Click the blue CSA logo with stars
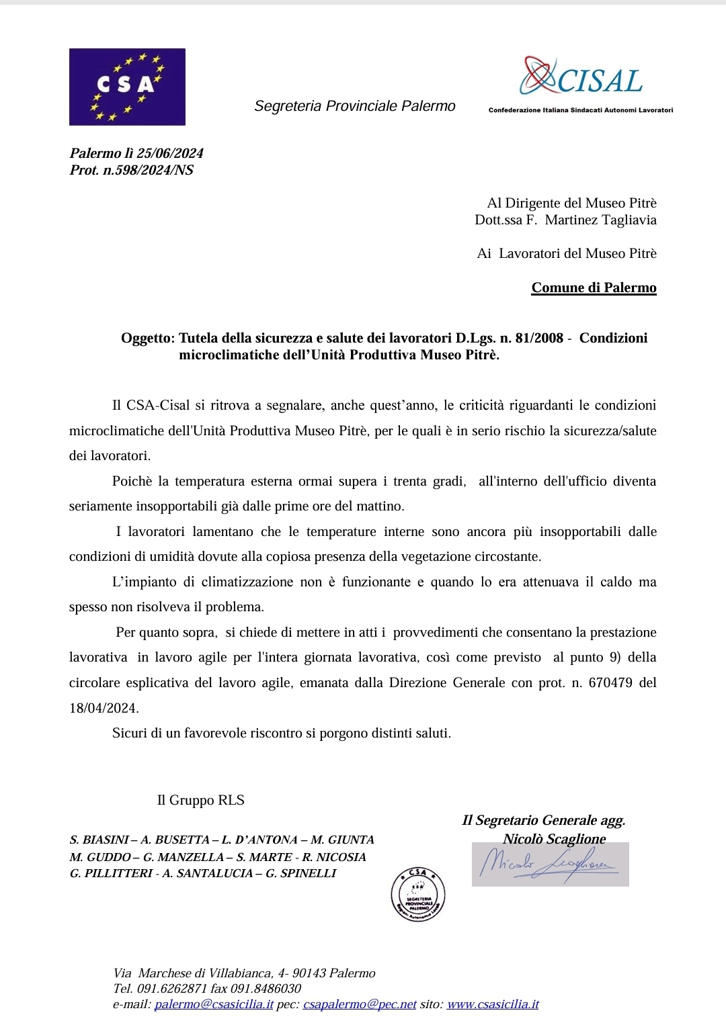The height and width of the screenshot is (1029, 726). point(127,87)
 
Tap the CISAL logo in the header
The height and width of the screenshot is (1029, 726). point(582,79)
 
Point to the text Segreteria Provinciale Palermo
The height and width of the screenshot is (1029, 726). point(354,106)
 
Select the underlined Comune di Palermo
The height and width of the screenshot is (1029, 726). point(594,287)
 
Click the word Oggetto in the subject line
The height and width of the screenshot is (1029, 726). point(147,338)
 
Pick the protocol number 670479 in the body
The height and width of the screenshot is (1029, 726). point(610,682)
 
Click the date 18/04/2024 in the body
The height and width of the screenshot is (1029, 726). point(103,708)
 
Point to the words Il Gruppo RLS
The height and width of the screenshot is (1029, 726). point(200,800)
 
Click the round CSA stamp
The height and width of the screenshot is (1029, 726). point(418,894)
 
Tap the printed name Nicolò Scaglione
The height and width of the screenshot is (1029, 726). point(554,838)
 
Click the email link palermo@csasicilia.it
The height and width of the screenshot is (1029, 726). point(214,1004)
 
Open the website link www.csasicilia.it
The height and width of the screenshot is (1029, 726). point(493,1004)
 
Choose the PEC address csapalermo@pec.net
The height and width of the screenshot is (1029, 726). point(360,1004)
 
